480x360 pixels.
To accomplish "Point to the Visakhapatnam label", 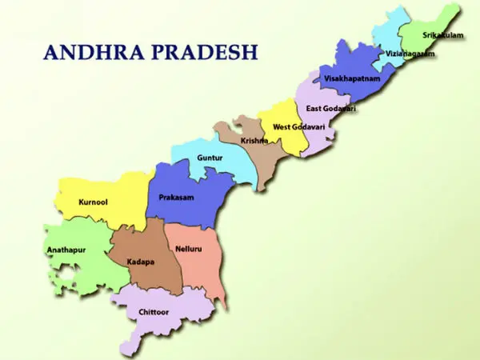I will tap(353, 79).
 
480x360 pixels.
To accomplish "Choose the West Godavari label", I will tap(294, 126).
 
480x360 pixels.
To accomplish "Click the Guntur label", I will tap(210, 158).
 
